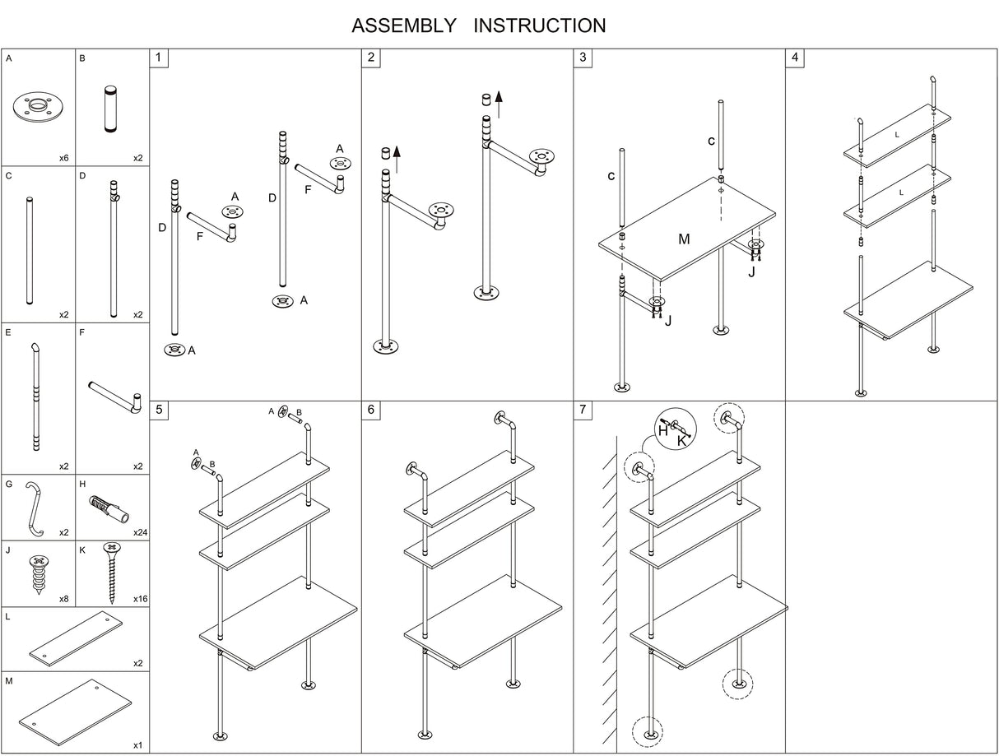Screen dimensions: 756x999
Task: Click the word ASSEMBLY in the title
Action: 403,26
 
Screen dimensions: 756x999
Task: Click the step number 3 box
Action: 583,58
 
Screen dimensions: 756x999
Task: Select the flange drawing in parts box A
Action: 38,108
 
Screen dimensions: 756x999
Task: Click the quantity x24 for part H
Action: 140,532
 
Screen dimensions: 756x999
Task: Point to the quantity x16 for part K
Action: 140,599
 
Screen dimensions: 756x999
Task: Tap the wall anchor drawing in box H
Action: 108,509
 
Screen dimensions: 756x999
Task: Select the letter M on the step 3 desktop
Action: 684,239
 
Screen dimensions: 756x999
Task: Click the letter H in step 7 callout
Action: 662,429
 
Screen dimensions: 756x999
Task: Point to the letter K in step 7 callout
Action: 681,442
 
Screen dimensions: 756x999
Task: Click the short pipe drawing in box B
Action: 111,108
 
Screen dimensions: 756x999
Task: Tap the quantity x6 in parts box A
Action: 63,157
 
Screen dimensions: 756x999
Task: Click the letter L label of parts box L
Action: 7,617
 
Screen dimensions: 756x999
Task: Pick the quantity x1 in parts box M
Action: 138,744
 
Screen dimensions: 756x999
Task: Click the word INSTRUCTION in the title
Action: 540,26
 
